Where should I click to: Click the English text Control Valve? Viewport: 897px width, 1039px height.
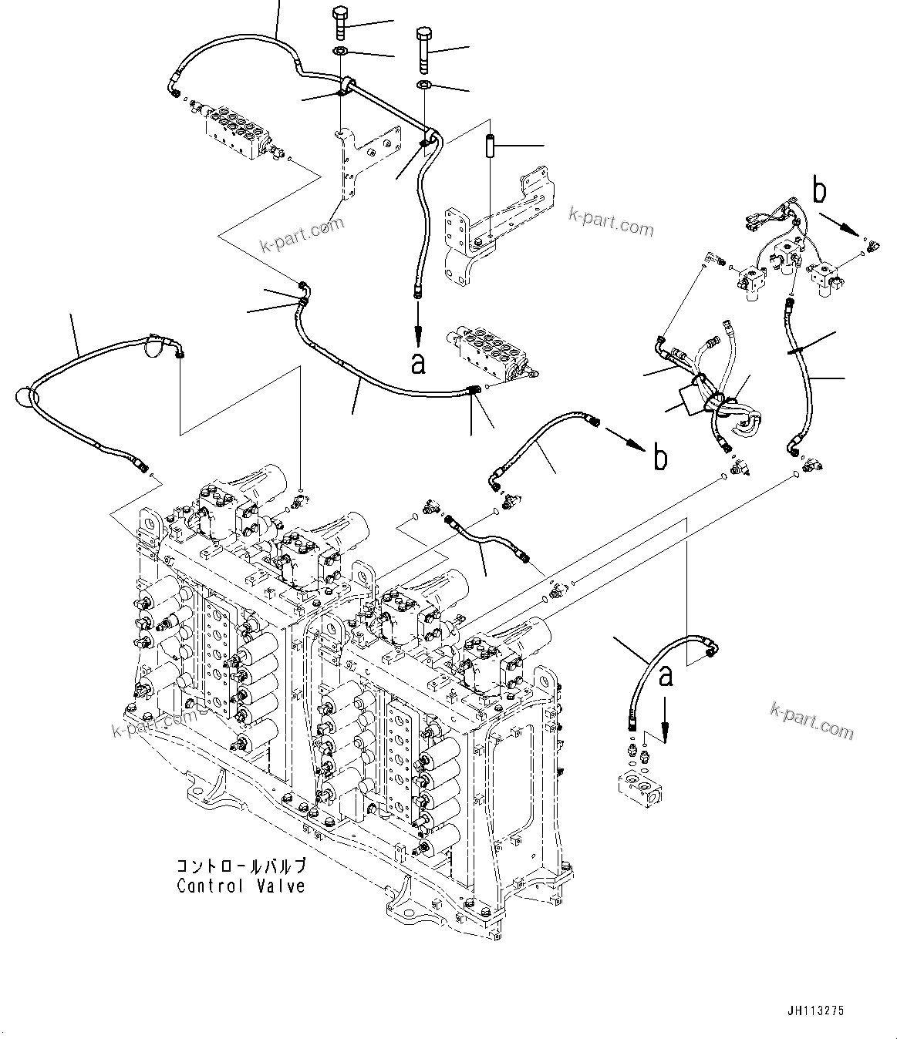241,886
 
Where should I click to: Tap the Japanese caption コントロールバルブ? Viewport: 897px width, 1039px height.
241,866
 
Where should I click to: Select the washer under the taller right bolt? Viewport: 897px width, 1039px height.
423,84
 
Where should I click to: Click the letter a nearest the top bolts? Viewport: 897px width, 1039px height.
418,363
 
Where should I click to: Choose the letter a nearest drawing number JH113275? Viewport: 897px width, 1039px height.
666,675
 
